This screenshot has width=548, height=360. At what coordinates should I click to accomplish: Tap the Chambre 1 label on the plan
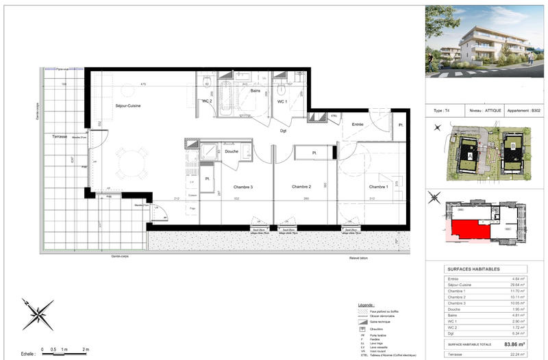[379, 187]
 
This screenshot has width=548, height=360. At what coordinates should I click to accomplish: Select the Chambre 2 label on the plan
[301, 187]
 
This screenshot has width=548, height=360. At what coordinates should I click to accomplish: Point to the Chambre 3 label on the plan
[242, 187]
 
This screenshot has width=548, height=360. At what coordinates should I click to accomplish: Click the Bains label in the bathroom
[255, 90]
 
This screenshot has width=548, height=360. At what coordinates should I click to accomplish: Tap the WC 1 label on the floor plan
[282, 101]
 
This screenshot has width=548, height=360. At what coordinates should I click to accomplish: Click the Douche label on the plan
[232, 151]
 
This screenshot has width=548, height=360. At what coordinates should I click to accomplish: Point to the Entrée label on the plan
[358, 124]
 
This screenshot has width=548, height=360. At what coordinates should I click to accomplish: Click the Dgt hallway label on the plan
[282, 131]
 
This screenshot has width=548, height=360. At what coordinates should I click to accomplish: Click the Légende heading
[366, 305]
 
